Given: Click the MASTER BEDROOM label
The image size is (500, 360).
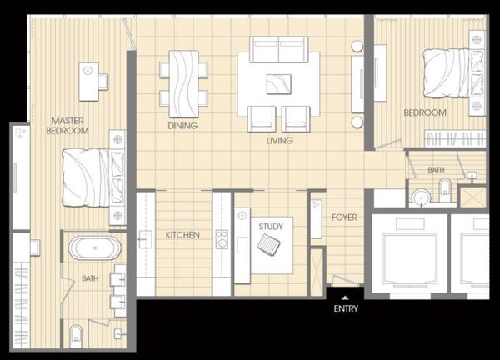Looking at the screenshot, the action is (67, 126).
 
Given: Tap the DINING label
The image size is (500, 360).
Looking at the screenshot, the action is (182, 126).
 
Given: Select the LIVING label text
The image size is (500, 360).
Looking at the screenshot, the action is (280, 140).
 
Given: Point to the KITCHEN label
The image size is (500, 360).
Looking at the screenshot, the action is (182, 235).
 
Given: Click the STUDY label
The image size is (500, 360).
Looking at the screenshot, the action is (271, 227).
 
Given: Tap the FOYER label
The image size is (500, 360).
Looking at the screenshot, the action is (344, 217).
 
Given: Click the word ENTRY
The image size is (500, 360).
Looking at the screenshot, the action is (346, 308).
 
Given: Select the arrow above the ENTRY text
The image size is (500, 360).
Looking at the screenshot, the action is (345, 297).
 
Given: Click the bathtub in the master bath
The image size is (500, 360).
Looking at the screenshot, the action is (95, 247).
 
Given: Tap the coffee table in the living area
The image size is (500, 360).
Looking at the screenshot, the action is (279, 84).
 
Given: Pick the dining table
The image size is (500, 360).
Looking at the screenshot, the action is (183, 84).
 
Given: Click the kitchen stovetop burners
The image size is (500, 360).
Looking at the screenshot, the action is (222, 239).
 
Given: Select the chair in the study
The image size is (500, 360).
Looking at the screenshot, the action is (269, 244).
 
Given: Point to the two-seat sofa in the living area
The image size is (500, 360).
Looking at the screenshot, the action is (278, 49).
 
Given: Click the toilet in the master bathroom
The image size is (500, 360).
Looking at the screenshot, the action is (76, 337).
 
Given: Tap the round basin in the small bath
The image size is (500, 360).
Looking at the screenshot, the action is (421, 197).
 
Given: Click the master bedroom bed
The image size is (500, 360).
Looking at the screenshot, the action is (94, 177).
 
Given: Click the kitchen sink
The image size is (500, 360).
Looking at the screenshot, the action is (145, 239).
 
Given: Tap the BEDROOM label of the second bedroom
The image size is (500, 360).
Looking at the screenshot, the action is (425, 112).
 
